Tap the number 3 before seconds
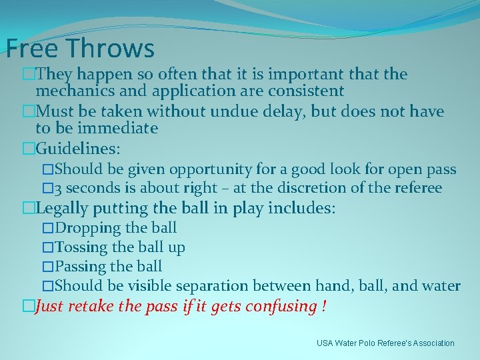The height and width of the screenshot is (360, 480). click(x=59, y=189)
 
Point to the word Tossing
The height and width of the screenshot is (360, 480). click(x=81, y=247)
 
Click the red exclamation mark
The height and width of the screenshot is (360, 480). click(x=323, y=306)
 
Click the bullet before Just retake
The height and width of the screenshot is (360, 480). click(x=28, y=307)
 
